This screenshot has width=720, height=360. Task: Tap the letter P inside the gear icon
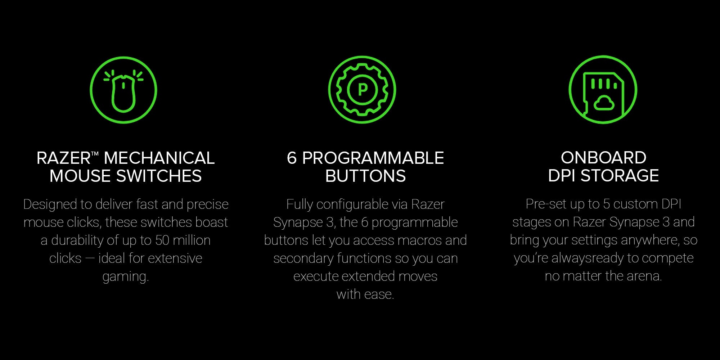point(362,89)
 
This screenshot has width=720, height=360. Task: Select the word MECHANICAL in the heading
point(159,158)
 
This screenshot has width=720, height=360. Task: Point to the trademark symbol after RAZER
point(95,154)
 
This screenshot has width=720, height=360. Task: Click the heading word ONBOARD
point(603,158)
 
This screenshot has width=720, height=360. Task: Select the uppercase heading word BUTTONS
point(365,176)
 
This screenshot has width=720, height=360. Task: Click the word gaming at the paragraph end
point(126,277)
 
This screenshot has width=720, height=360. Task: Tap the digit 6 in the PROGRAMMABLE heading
point(292,158)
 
